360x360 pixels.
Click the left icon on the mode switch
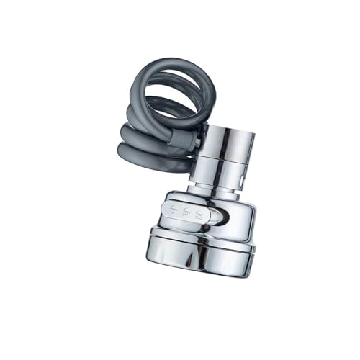(170, 212)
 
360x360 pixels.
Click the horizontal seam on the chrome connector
(225, 161)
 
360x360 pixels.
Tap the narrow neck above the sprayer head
(216, 189)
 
